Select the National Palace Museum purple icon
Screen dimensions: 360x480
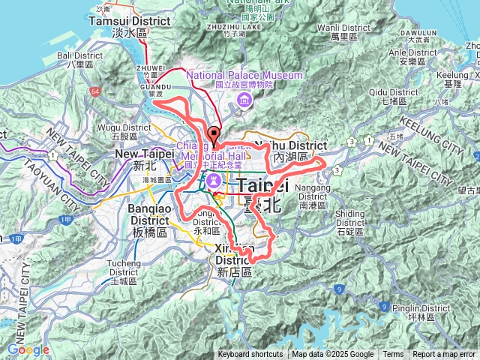tap(244, 101)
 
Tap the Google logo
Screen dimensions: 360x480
tap(28, 349)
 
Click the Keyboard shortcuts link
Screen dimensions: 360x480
tap(250, 355)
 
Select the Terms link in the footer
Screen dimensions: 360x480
tap(393, 355)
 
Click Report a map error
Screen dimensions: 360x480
tap(444, 355)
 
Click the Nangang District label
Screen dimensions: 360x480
tap(312, 190)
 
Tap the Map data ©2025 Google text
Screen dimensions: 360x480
tap(332, 355)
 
